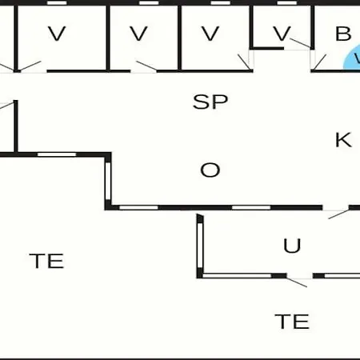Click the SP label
coord(210,102)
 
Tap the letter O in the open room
coord(210,170)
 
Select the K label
coord(343,140)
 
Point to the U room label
coord(292,246)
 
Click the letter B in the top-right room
coord(343,34)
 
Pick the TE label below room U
coord(292,322)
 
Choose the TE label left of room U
coord(46,261)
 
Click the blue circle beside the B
coord(352,58)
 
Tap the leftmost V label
coord(57,34)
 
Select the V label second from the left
coord(138,34)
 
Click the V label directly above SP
coord(210,34)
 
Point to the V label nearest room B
coord(282,34)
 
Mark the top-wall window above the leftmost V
coord(57,3)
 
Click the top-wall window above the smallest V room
coord(287,3)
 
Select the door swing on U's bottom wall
coord(297,282)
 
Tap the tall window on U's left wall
coord(200,245)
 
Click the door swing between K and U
coord(338,214)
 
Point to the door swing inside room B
coord(320,62)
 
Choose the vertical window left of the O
coord(108,181)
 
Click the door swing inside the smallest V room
coord(300,43)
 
